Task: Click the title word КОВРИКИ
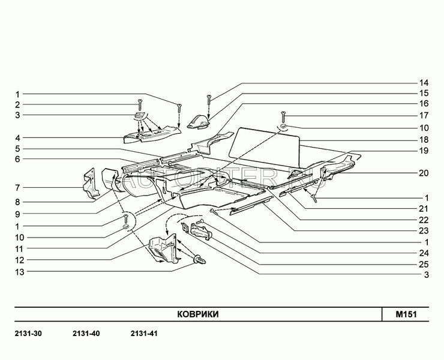(197, 314)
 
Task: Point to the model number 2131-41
(143, 333)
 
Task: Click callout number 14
(424, 82)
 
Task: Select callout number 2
(17, 104)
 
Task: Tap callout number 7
(17, 188)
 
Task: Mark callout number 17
(424, 115)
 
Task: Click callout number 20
(424, 173)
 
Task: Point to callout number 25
(424, 264)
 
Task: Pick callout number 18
(424, 139)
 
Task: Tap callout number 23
(424, 230)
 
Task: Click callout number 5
(17, 148)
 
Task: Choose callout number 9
(17, 214)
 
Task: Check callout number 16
(424, 104)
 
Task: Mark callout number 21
(424, 208)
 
